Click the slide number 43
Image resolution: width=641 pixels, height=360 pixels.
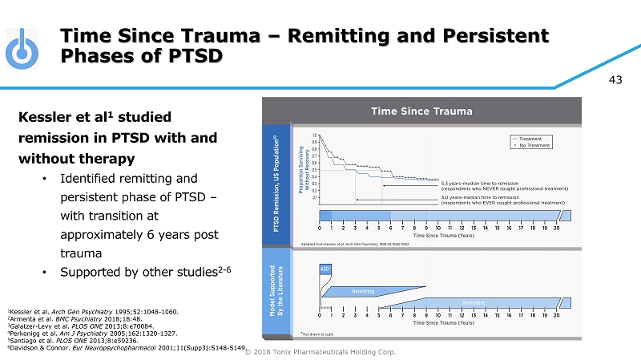pos(616,79)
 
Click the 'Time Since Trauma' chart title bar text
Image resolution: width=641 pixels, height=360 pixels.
pos(420,111)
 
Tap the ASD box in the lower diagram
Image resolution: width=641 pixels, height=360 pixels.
pos(325,268)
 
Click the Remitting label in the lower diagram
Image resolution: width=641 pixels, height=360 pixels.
pos(364,291)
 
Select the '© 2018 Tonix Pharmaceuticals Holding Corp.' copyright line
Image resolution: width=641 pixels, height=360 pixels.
pos(320,352)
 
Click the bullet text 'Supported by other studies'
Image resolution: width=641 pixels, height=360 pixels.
pos(136,272)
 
